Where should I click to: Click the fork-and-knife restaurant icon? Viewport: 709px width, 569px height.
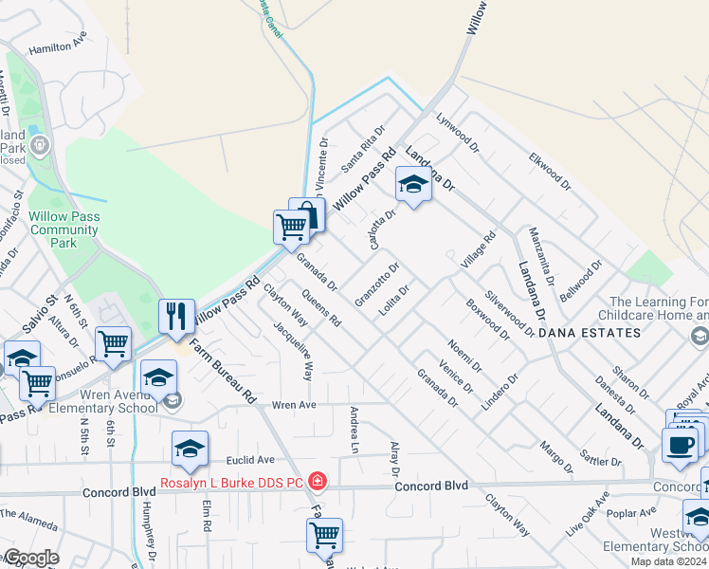point(176,316)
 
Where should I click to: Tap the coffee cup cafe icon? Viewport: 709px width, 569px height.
point(680,444)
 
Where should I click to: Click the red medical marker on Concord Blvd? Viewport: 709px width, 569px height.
point(318,482)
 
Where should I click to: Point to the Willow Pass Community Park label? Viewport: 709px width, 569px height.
point(64,229)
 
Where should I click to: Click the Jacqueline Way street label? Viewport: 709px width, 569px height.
point(294,351)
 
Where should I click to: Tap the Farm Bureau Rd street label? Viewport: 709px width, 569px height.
point(223,370)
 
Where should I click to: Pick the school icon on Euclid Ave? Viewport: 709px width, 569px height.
point(190,449)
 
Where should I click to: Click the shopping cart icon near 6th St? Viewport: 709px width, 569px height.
point(114,343)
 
